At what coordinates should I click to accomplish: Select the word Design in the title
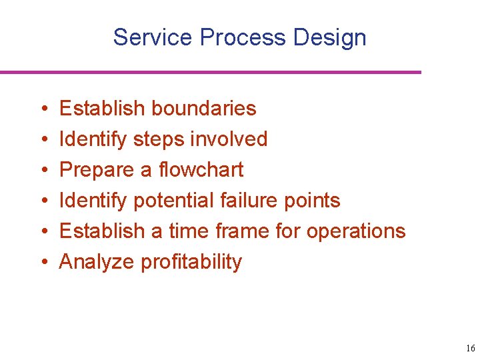tap(329, 37)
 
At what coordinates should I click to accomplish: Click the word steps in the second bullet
tap(159, 139)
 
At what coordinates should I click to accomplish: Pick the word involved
tap(229, 139)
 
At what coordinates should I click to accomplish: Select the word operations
tap(355, 231)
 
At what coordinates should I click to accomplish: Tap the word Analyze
tap(97, 262)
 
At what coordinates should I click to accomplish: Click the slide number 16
tap(470, 349)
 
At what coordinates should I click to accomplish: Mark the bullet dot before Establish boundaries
tap(42, 109)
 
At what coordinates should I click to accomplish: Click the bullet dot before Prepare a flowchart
tap(42, 170)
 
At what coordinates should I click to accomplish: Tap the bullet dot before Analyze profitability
tap(42, 262)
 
